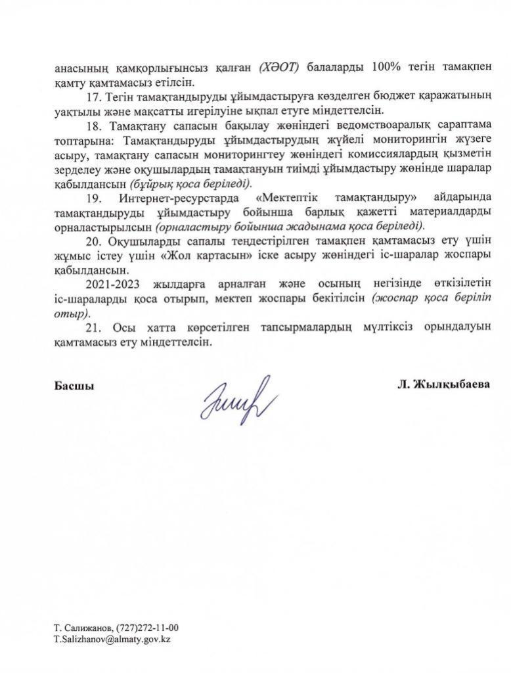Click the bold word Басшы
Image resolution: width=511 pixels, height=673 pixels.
(74, 386)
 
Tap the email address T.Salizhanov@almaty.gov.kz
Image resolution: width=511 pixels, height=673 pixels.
(112, 639)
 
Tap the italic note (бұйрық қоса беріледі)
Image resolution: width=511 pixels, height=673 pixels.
(190, 183)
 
